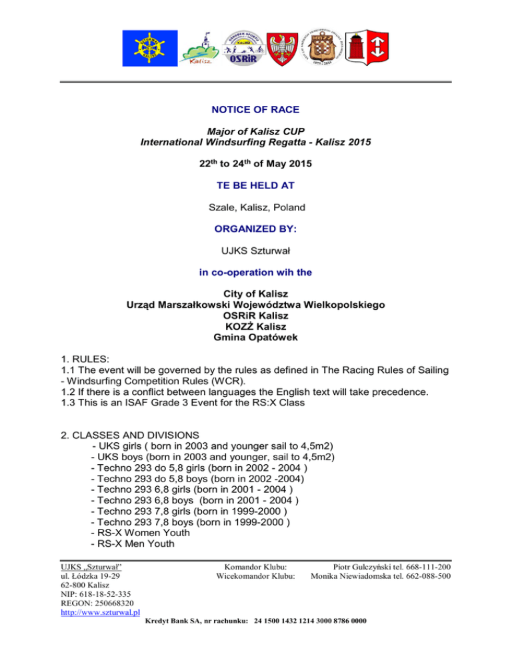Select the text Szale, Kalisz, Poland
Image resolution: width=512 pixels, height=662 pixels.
click(x=256, y=207)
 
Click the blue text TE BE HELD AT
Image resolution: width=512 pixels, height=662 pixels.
click(x=256, y=180)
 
